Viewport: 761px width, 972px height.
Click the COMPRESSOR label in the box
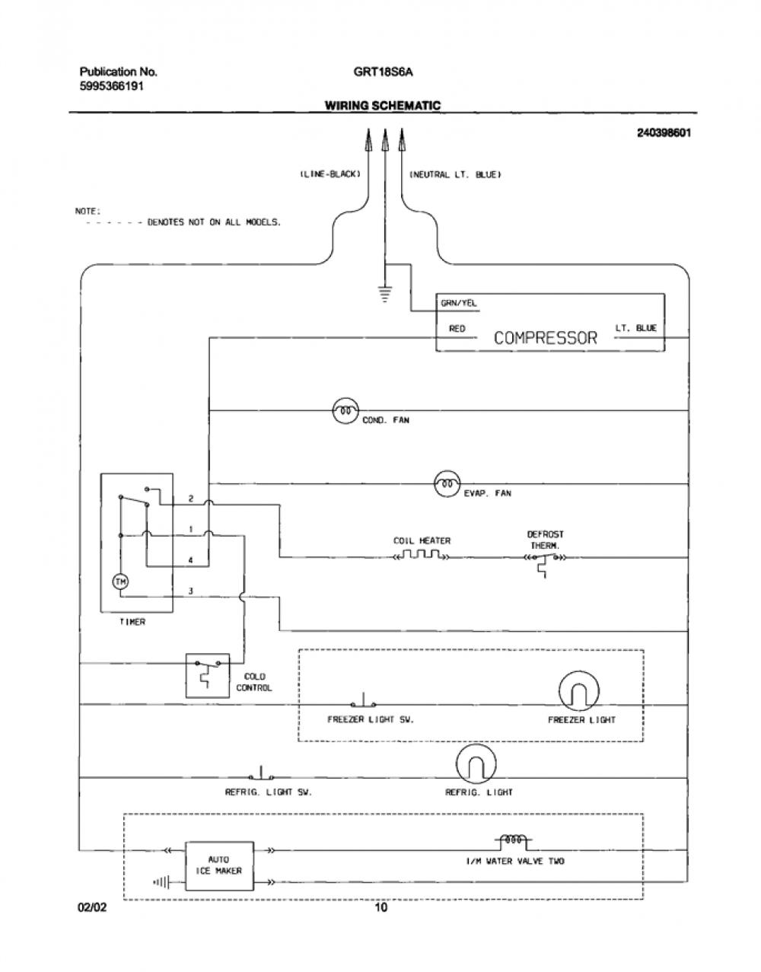tap(545, 338)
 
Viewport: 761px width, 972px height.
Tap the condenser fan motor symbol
tap(345, 410)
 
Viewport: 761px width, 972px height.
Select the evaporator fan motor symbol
tap(447, 483)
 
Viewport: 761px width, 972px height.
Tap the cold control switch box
tap(208, 675)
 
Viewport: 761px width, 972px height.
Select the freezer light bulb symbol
tap(578, 691)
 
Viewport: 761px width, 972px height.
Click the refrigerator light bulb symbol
tap(476, 764)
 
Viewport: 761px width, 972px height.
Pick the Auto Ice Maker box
tap(219, 865)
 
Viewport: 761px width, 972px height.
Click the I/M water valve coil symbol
tap(513, 840)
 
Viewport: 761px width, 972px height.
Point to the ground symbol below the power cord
tap(384, 295)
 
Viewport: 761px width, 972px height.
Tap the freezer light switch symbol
tap(363, 700)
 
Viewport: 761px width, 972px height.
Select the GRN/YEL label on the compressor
tap(459, 303)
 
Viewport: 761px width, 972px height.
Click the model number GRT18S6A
tap(383, 72)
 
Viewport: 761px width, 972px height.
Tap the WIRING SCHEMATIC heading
tap(383, 106)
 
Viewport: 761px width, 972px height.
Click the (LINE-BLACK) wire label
tap(330, 174)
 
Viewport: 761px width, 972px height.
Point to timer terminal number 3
tap(191, 591)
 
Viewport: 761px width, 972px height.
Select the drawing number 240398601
tap(664, 133)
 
